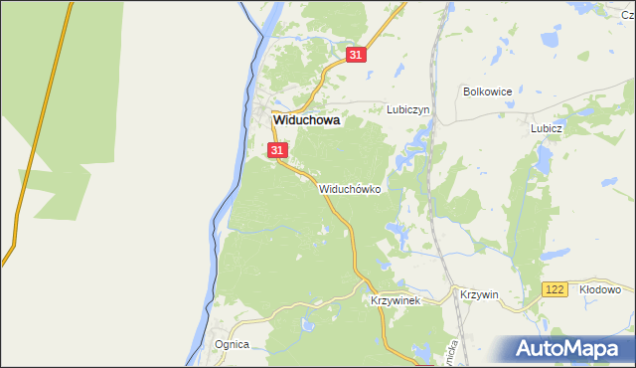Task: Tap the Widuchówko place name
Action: pos(350,188)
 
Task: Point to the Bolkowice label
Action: pos(487,92)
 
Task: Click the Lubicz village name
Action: pos(547,128)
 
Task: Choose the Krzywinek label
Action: pos(397,299)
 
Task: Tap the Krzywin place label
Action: pos(479,294)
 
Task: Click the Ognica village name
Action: pos(232,344)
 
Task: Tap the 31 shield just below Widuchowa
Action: pos(277,150)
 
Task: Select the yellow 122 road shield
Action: pos(555,288)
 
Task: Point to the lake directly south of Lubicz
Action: pos(544,159)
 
